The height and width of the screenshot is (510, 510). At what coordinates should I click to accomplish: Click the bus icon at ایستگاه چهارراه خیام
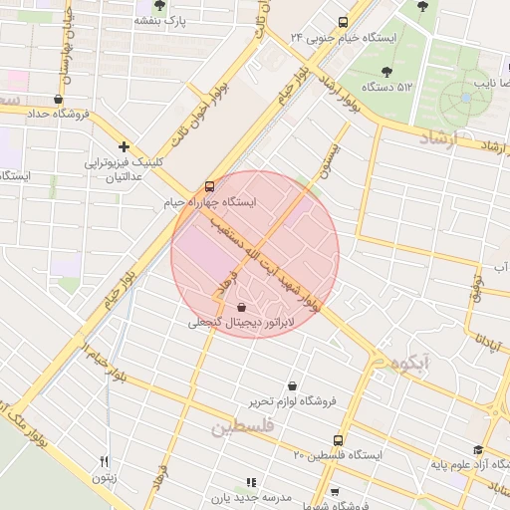(209, 186)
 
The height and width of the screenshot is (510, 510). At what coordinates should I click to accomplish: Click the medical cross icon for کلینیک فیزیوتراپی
(124, 146)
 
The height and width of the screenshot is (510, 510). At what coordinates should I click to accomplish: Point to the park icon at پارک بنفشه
(158, 6)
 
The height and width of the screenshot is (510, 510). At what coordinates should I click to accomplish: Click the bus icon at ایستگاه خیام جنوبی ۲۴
(343, 22)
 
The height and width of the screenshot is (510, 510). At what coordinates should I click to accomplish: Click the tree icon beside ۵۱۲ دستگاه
(386, 72)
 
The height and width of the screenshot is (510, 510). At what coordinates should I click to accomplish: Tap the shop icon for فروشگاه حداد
(58, 99)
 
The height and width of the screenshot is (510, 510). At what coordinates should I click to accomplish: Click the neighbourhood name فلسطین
(240, 428)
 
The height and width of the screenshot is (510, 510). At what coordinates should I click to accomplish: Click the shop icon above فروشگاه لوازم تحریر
(291, 385)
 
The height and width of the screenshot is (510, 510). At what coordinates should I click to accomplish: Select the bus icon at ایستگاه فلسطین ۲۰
(339, 439)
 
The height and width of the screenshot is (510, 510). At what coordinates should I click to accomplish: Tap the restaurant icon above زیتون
(103, 461)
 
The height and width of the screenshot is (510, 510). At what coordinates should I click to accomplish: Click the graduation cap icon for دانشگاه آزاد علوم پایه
(478, 449)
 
